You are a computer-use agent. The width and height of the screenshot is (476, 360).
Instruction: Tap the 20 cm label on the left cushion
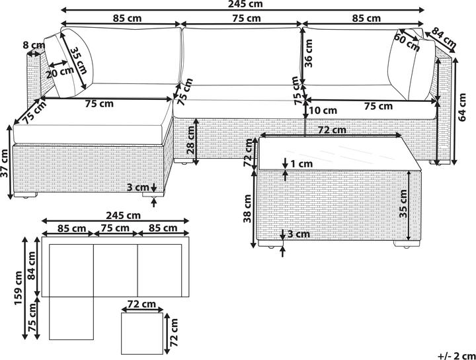[x=59, y=73]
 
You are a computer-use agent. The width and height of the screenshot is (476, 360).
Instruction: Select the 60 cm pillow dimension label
[x=407, y=42]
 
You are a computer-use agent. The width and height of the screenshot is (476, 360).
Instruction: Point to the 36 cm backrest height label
[x=308, y=54]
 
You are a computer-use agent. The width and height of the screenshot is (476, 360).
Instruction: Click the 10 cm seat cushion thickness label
[x=323, y=111]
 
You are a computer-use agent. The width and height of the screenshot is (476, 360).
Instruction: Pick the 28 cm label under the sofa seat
[x=190, y=140]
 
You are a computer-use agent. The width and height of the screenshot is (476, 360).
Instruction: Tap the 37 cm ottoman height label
[x=4, y=163]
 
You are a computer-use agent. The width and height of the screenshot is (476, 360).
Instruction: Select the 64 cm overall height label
[x=462, y=107]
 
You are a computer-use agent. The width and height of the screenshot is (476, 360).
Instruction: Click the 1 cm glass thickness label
[x=301, y=164]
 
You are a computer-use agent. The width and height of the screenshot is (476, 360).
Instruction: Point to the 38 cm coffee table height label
[x=247, y=208]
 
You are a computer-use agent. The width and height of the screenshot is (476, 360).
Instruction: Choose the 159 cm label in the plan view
[x=19, y=289]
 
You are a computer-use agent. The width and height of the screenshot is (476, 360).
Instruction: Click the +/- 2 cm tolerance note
[x=457, y=355]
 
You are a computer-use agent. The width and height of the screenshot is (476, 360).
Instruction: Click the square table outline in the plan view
[x=122, y=334]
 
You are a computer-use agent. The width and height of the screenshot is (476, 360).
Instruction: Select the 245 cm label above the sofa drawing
[x=245, y=4]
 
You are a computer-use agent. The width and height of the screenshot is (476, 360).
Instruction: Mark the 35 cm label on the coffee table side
[x=403, y=204]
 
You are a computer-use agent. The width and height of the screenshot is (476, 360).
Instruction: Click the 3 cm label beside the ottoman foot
[x=138, y=187]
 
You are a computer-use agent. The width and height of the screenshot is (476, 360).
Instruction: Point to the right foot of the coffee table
[x=407, y=244]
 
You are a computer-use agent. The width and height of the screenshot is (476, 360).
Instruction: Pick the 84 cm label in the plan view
[x=31, y=265]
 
